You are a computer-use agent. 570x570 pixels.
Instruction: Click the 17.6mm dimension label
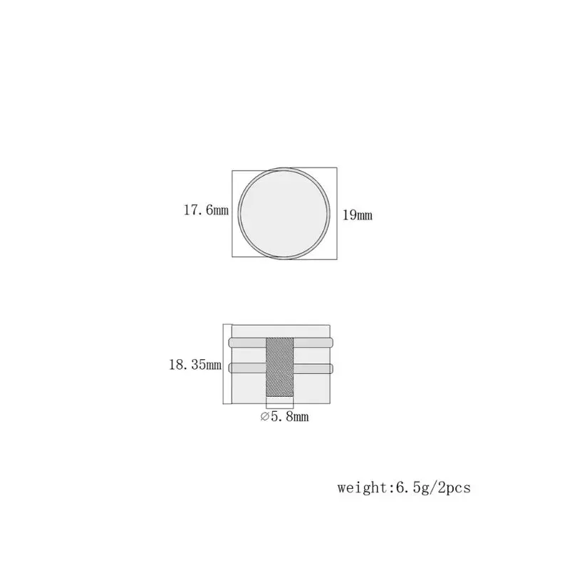point(206,210)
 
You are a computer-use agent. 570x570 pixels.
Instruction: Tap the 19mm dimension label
point(358,215)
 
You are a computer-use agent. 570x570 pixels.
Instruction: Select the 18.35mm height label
point(195,364)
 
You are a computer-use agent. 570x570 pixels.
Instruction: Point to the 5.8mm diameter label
point(290,416)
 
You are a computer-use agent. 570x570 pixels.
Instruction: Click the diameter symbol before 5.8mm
point(265,417)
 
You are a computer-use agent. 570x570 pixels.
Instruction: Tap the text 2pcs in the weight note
point(454,487)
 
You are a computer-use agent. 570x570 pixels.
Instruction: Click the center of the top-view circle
point(284,214)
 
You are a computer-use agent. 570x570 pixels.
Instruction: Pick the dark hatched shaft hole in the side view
point(280,367)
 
